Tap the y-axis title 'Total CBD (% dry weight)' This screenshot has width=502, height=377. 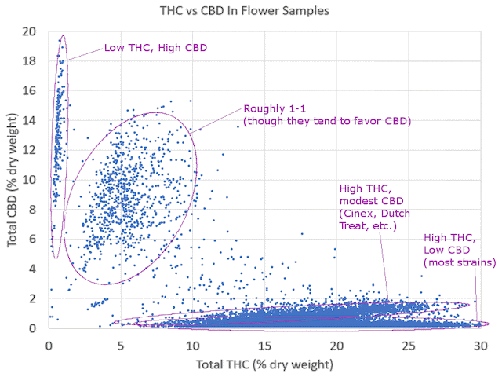click(13, 179)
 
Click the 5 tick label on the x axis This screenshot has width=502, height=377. click(121, 345)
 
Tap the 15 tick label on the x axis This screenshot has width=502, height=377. click(265, 345)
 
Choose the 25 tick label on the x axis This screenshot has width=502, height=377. click(409, 345)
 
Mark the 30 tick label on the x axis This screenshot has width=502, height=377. click(480, 345)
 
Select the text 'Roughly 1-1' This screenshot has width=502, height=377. click(275, 108)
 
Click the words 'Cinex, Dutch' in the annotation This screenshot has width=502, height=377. click(373, 214)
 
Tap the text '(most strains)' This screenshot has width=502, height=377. click(460, 262)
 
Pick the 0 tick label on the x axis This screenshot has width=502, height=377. click(49, 345)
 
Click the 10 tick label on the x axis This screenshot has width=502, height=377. click(193, 345)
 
